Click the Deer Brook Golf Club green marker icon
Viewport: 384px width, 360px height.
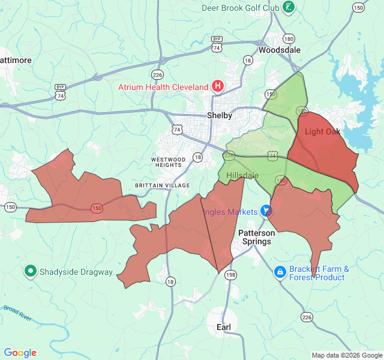[x=289, y=7]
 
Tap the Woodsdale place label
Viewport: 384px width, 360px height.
[x=280, y=50]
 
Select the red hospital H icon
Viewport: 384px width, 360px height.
[x=218, y=86]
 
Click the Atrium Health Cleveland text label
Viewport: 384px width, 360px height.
[x=163, y=86]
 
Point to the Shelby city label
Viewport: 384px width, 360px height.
[x=220, y=115]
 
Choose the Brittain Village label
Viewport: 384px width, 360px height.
[x=162, y=185]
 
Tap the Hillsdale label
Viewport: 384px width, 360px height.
[x=242, y=175]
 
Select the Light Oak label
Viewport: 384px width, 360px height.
[x=323, y=131]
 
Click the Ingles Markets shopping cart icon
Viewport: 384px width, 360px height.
[x=266, y=211]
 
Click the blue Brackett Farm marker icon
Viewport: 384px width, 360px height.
[x=280, y=272]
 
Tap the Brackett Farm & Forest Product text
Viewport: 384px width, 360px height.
[x=319, y=273]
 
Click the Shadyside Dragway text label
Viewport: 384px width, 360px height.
[x=76, y=272]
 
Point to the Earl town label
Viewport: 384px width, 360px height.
[x=224, y=326]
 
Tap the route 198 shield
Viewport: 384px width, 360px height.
[x=230, y=274]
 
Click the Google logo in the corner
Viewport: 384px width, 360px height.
[x=20, y=353]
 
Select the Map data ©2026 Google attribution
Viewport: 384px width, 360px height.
[x=346, y=355]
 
